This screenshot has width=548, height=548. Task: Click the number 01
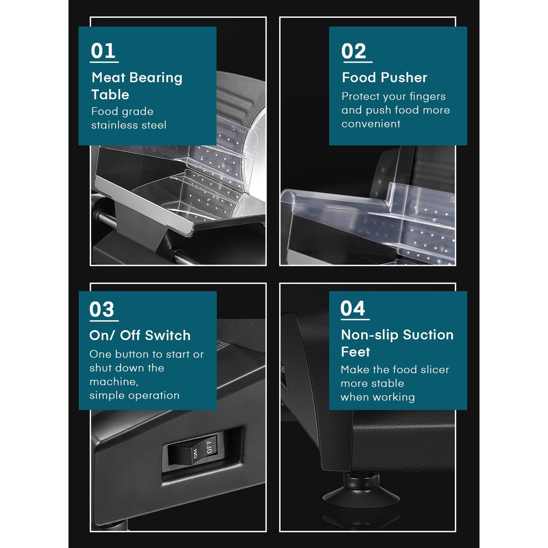103,51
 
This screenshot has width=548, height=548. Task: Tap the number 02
354,51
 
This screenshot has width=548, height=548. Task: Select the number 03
102,309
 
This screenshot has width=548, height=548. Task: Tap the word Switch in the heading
168,335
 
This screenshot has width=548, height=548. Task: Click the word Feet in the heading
355,352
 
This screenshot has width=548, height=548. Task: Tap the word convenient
371,124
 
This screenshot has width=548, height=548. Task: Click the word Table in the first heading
110,95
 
